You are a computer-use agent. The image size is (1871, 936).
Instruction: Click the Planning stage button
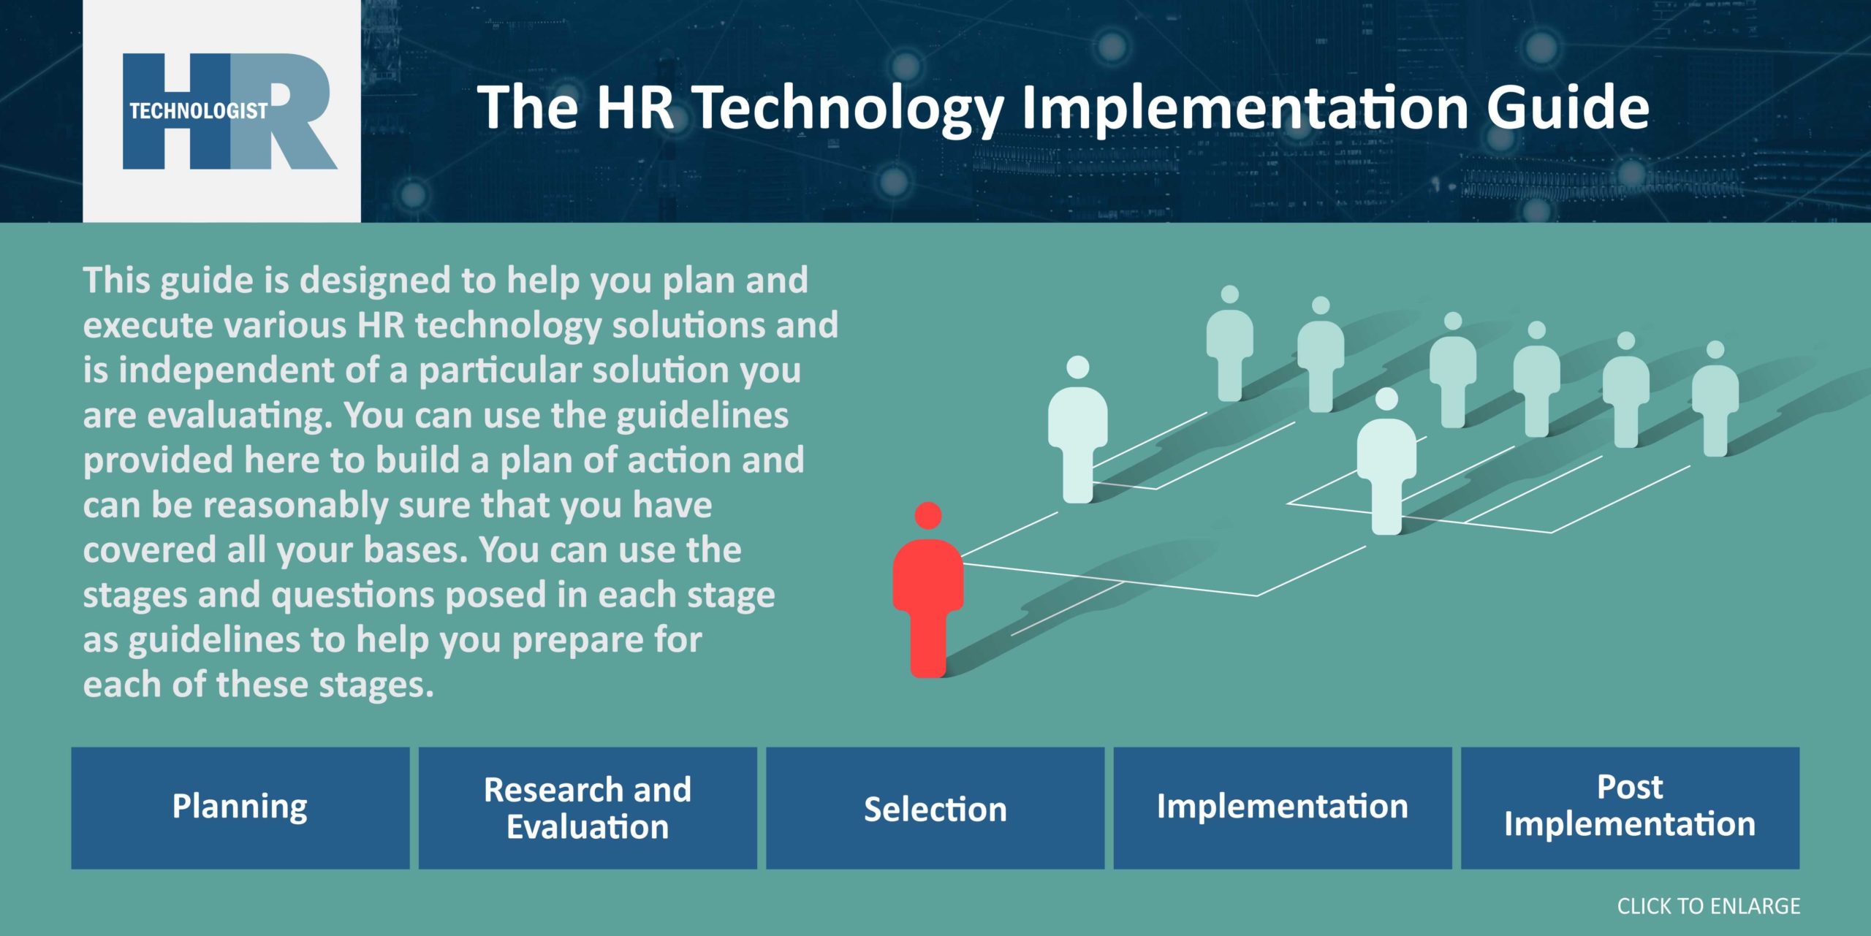click(240, 807)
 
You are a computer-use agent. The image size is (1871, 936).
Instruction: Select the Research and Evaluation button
click(588, 807)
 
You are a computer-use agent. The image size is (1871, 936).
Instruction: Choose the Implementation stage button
click(1282, 807)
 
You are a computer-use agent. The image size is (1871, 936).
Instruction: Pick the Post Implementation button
click(1630, 807)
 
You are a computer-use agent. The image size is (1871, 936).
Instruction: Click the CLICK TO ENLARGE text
click(1708, 906)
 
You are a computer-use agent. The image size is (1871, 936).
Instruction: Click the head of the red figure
click(928, 515)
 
